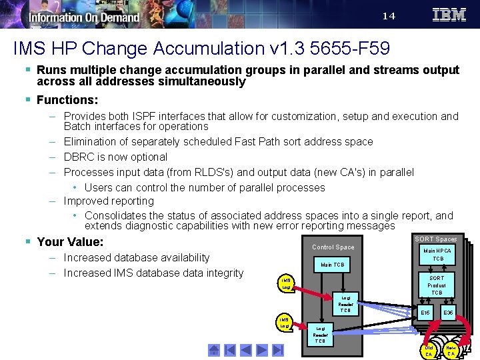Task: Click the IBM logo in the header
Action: pos(449,15)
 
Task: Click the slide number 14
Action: pos(389,16)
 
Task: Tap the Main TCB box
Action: pos(333,265)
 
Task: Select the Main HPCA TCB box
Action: pos(437,255)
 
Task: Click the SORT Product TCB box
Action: pos(436,285)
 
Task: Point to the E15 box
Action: pos(425,312)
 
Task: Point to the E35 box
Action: pos(448,312)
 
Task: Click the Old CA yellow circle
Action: pos(429,351)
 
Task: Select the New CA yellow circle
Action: pos(451,351)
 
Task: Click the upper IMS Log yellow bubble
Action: pos(285,284)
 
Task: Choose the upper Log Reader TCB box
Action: pos(345,304)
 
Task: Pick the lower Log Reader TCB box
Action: pos(321,335)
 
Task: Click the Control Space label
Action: pos(333,247)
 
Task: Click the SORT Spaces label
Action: pos(435,239)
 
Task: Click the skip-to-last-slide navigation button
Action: pos(278,349)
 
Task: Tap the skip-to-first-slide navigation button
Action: pos(214,349)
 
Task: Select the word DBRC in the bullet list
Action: pos(79,157)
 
